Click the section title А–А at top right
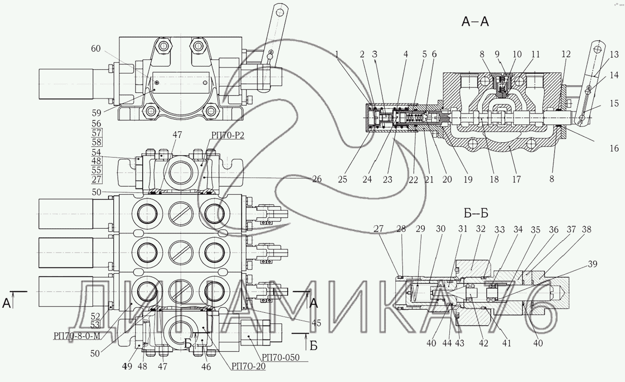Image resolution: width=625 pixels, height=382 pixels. [475, 22]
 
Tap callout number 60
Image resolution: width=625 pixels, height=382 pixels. [96, 49]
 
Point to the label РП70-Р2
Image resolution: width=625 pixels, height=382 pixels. [227, 135]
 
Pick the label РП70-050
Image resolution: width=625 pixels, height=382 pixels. [280, 357]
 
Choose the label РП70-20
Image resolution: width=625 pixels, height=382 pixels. [249, 366]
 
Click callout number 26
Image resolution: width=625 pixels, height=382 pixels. [317, 179]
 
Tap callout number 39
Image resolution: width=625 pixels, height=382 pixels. [592, 264]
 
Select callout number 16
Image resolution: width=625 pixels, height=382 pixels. [614, 148]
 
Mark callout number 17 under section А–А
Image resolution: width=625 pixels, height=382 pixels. [516, 180]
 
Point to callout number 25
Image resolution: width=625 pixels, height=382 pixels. [342, 180]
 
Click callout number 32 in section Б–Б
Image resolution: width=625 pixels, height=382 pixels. [480, 229]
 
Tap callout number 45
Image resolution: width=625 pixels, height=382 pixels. [316, 323]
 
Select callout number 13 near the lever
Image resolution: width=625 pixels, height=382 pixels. [614, 54]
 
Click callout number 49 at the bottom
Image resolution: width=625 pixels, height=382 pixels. [127, 366]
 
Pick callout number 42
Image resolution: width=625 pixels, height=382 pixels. [484, 343]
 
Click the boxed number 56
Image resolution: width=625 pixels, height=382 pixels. [96, 124]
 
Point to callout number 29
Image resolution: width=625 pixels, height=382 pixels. [420, 229]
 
